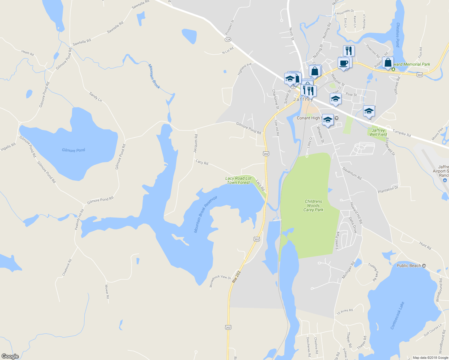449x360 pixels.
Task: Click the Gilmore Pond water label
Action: [74, 150]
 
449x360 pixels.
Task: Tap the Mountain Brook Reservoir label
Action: [205, 214]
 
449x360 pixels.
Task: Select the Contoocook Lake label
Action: [397, 316]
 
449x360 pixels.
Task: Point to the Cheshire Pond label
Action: [398, 35]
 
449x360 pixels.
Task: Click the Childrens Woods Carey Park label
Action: [313, 206]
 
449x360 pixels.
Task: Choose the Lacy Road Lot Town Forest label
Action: [238, 180]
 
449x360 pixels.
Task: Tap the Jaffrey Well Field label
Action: [378, 132]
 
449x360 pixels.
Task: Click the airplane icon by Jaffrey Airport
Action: [445, 180]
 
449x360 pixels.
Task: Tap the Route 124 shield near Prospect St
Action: [228, 40]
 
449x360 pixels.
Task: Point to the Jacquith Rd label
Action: [195, 144]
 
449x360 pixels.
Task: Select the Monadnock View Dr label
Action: [220, 281]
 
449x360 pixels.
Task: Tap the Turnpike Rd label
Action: [402, 133]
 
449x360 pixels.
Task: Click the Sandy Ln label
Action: [95, 97]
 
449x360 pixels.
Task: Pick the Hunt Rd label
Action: [425, 246]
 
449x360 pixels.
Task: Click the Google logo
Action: [10, 356]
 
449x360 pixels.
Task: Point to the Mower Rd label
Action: [107, 292]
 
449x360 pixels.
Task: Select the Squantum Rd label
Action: [352, 173]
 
